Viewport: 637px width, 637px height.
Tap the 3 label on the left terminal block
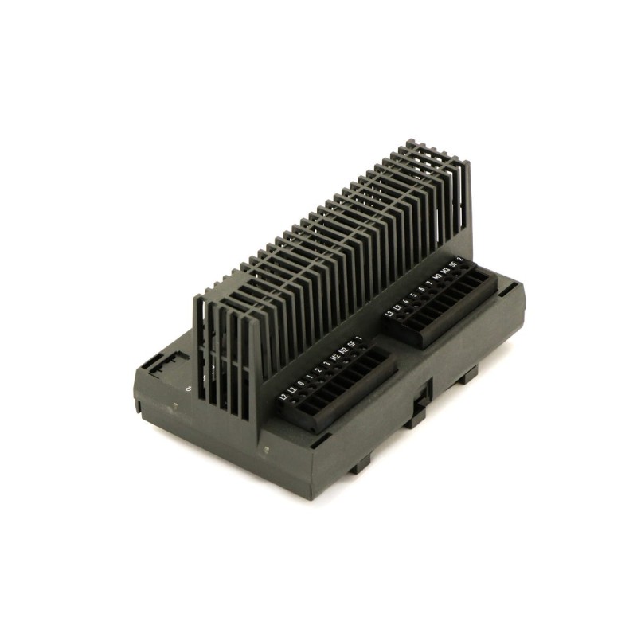click(x=326, y=365)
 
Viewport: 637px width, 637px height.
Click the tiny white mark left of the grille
click(x=187, y=389)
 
